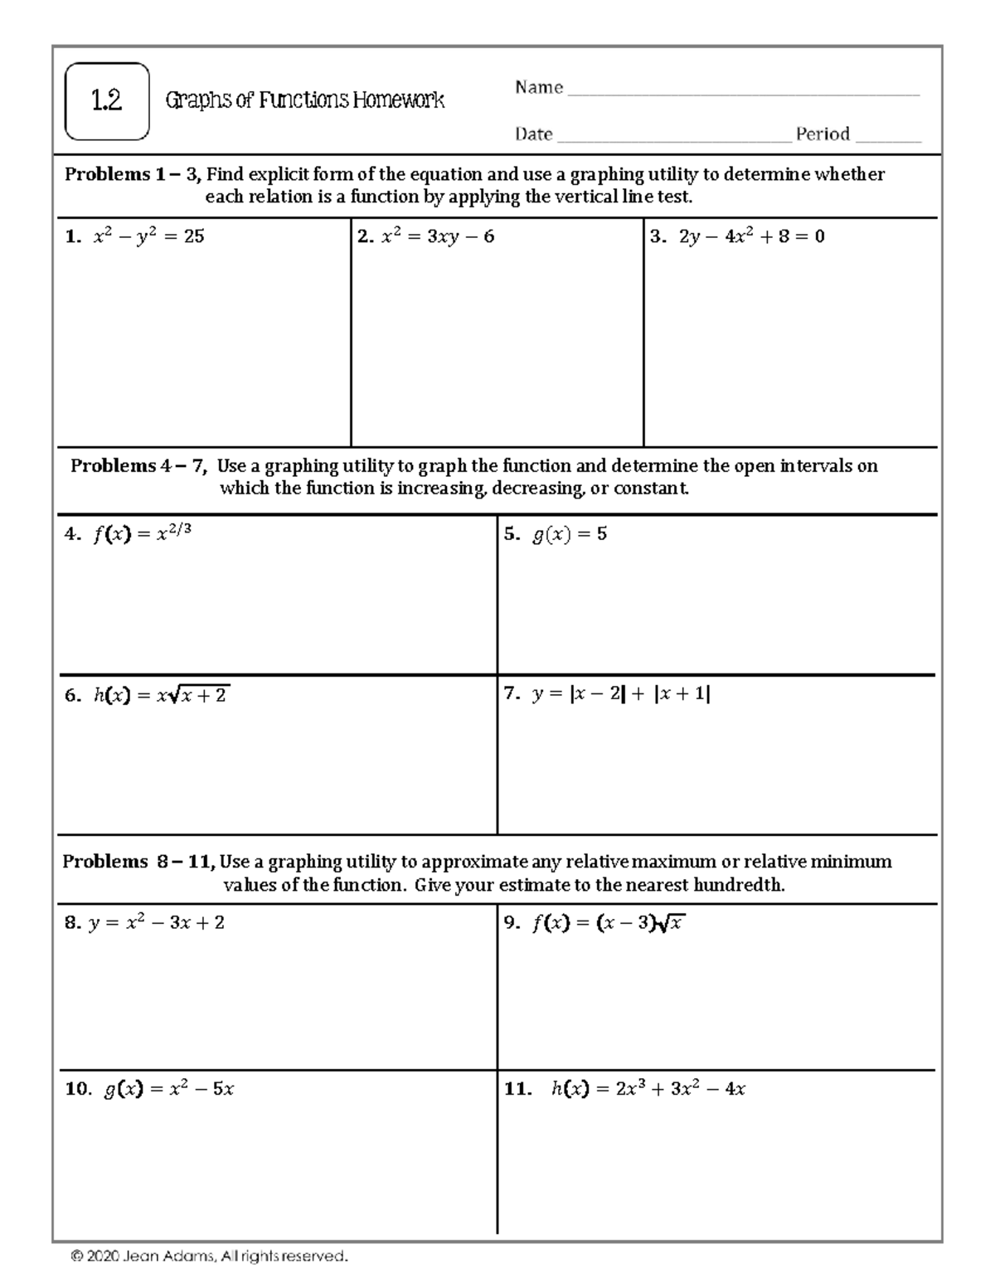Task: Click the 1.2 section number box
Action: click(x=107, y=101)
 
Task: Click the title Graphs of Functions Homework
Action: click(x=304, y=101)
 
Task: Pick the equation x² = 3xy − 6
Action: click(x=437, y=236)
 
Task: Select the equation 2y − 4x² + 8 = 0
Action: click(x=751, y=236)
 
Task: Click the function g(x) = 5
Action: click(x=569, y=534)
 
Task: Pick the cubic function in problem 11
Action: click(x=648, y=1089)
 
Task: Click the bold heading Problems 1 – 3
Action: click(x=133, y=174)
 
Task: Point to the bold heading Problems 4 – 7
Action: click(x=138, y=466)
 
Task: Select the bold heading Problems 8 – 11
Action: click(x=138, y=862)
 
